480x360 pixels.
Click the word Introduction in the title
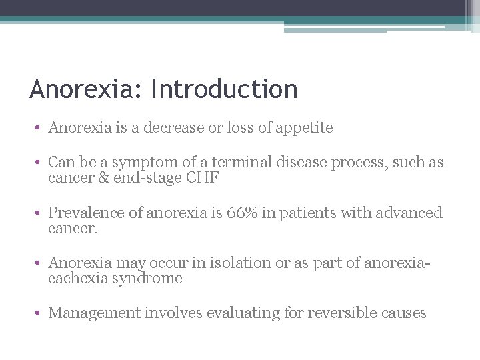tap(225, 89)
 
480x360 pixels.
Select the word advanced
tap(409, 213)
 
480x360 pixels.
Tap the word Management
tap(94, 313)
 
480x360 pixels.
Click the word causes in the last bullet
tap(404, 313)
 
